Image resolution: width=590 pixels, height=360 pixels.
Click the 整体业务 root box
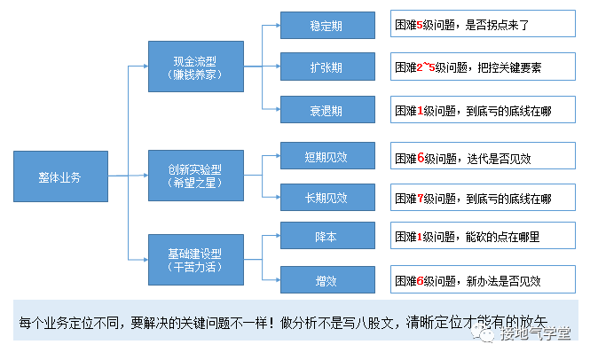tap(59, 177)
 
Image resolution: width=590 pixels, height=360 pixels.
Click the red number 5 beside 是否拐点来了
tap(420, 27)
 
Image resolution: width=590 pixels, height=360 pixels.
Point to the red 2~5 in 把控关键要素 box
tap(427, 67)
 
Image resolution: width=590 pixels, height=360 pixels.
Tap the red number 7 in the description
tap(420, 199)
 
